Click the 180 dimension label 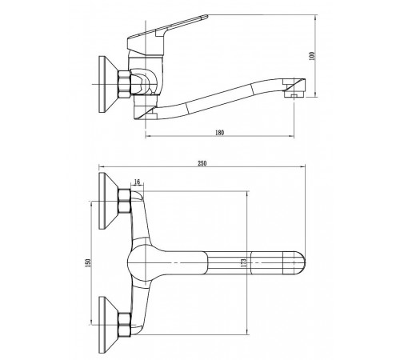pyautogui.click(x=219, y=132)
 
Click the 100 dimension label pyautogui.click(x=312, y=56)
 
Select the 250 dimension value pyautogui.click(x=202, y=163)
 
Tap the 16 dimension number pyautogui.click(x=137, y=182)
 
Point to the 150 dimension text pyautogui.click(x=89, y=262)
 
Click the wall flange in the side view pyautogui.click(x=108, y=84)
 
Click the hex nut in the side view pyautogui.click(x=124, y=84)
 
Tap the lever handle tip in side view pyautogui.click(x=205, y=17)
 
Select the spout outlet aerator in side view pyautogui.click(x=294, y=94)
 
